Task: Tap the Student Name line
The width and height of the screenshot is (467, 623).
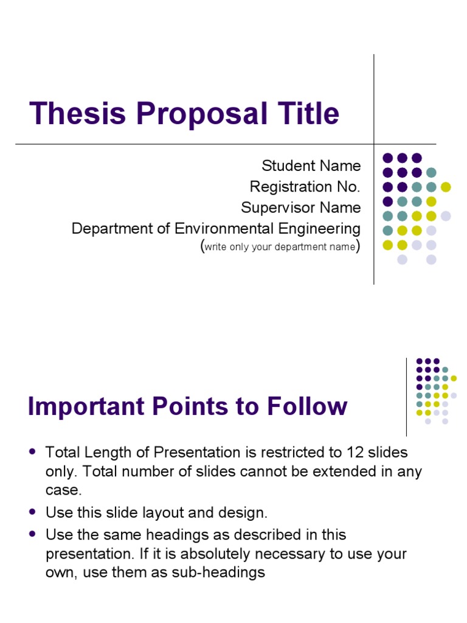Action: click(x=311, y=165)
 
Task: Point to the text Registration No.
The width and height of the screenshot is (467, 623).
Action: click(x=305, y=186)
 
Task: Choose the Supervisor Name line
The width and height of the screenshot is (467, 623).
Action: click(x=300, y=207)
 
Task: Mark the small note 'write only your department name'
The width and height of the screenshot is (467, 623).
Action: click(x=280, y=247)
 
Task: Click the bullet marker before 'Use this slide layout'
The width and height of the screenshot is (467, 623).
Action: click(x=33, y=512)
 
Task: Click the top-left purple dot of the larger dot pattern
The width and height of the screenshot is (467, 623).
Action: click(x=387, y=158)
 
